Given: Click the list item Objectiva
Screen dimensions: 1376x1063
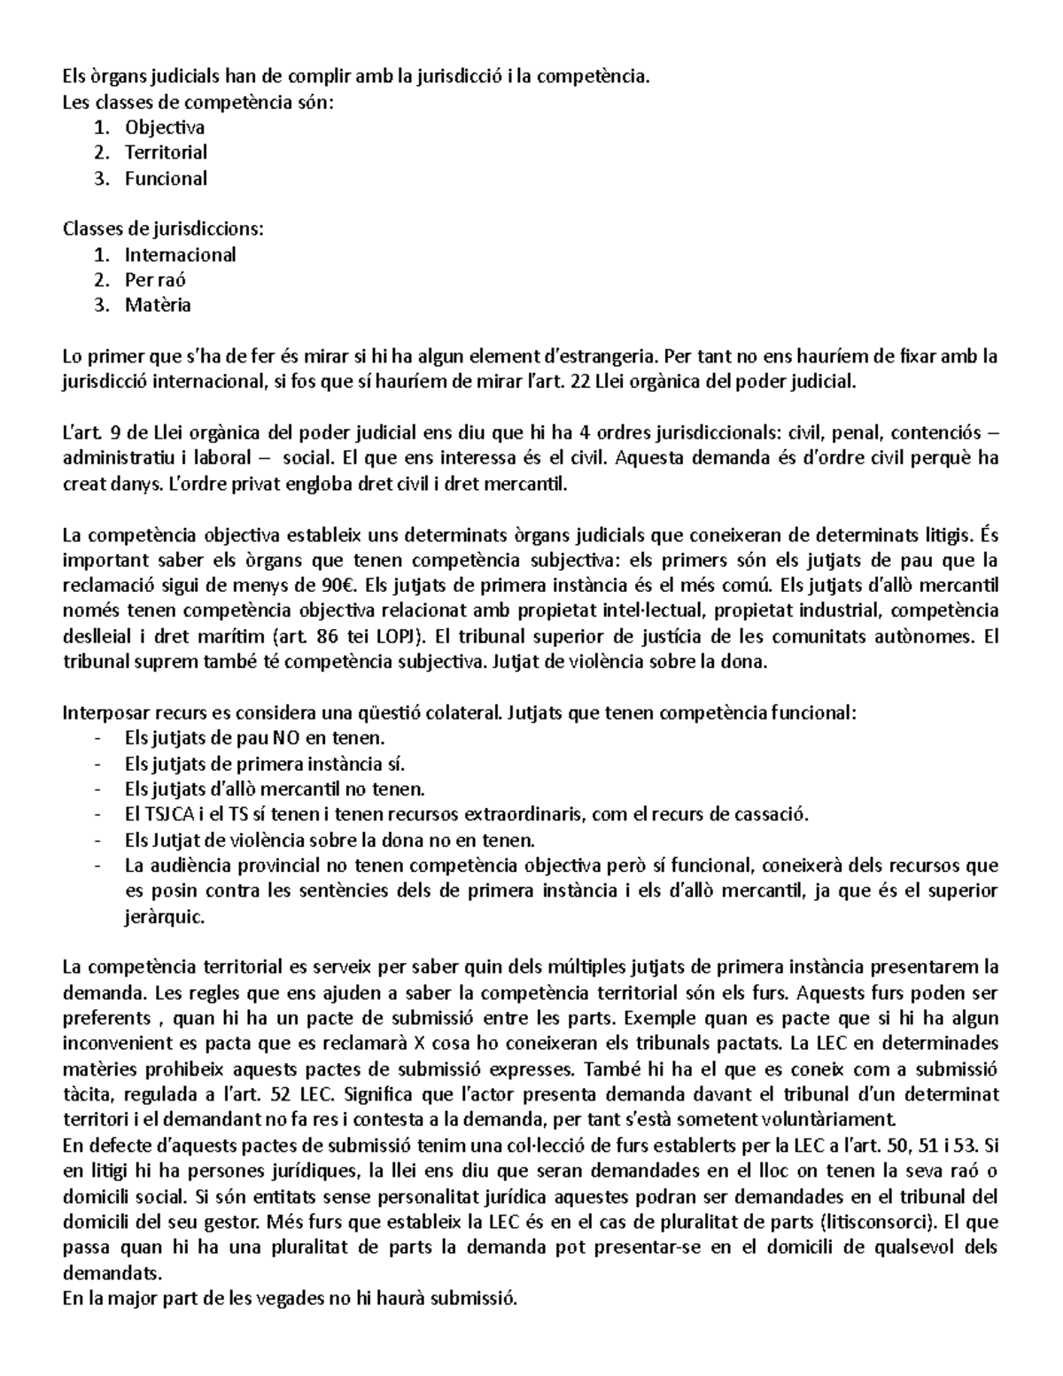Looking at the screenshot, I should click(x=165, y=127).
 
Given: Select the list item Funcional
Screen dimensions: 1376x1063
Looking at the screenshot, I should click(x=166, y=178).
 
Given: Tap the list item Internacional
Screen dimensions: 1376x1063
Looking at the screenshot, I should click(x=180, y=254).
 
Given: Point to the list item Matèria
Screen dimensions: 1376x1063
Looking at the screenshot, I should click(x=158, y=306).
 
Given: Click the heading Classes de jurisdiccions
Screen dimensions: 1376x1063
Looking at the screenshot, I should click(x=163, y=229).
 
